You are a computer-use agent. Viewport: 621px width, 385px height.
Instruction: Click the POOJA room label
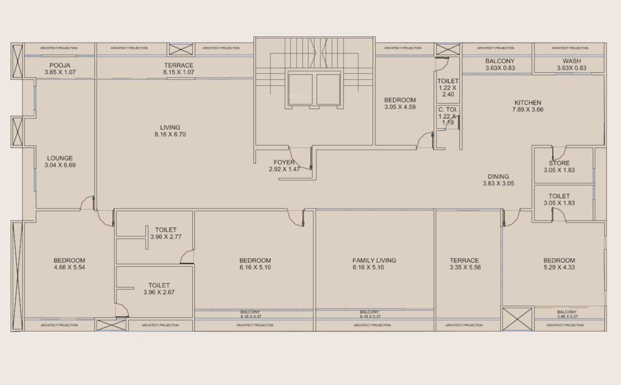click(59, 66)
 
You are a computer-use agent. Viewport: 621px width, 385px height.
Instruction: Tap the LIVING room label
click(170, 127)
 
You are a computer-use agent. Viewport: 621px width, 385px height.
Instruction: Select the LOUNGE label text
click(60, 158)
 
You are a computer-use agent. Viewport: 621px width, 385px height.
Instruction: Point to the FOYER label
click(284, 162)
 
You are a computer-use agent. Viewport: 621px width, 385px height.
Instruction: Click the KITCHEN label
click(527, 103)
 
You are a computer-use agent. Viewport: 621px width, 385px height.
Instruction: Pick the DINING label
click(498, 176)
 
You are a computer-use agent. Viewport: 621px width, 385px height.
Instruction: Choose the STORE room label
click(559, 163)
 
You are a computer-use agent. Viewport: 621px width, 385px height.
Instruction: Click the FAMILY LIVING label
click(374, 260)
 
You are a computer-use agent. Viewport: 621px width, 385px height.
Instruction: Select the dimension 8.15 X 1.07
click(179, 72)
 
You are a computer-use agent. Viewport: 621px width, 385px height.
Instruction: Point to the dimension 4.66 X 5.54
click(69, 268)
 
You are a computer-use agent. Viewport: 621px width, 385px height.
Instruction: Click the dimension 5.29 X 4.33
click(559, 268)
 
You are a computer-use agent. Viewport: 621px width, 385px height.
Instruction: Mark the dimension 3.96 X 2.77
click(165, 237)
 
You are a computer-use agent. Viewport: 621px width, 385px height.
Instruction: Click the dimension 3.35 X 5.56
click(464, 268)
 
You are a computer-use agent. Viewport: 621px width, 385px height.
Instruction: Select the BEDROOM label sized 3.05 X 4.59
click(400, 100)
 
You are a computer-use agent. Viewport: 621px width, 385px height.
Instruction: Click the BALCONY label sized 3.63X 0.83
click(500, 61)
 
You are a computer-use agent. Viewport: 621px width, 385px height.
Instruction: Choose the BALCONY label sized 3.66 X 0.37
click(566, 311)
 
